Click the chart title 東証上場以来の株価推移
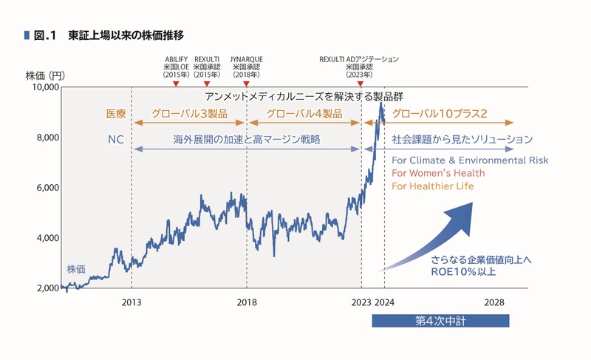click(x=125, y=34)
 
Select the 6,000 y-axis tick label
click(x=46, y=188)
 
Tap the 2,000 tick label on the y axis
click(x=46, y=288)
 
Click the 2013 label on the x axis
click(x=131, y=302)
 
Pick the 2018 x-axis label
click(x=247, y=302)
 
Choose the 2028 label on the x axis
click(x=494, y=302)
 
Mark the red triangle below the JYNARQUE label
click(x=247, y=83)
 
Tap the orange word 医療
click(x=116, y=115)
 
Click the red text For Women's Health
click(x=438, y=173)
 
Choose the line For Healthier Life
click(x=433, y=186)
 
